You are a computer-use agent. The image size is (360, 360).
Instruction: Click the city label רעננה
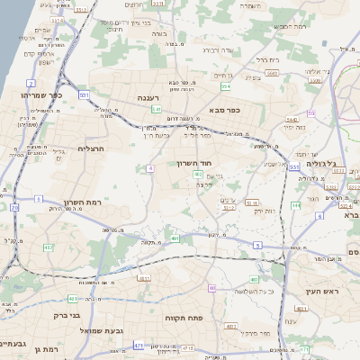[148, 95]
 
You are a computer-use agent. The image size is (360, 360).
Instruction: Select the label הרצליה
[92, 148]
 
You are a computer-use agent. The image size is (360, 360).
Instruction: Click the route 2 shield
[31, 83]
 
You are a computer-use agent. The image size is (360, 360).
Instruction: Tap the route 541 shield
[157, 108]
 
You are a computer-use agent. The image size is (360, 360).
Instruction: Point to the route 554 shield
[226, 86]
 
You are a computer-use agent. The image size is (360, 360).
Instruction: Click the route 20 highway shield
[15, 207]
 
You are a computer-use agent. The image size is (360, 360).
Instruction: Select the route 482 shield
[49, 247]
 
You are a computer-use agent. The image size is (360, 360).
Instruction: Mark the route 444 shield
[295, 205]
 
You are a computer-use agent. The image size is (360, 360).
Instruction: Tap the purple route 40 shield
[212, 288]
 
